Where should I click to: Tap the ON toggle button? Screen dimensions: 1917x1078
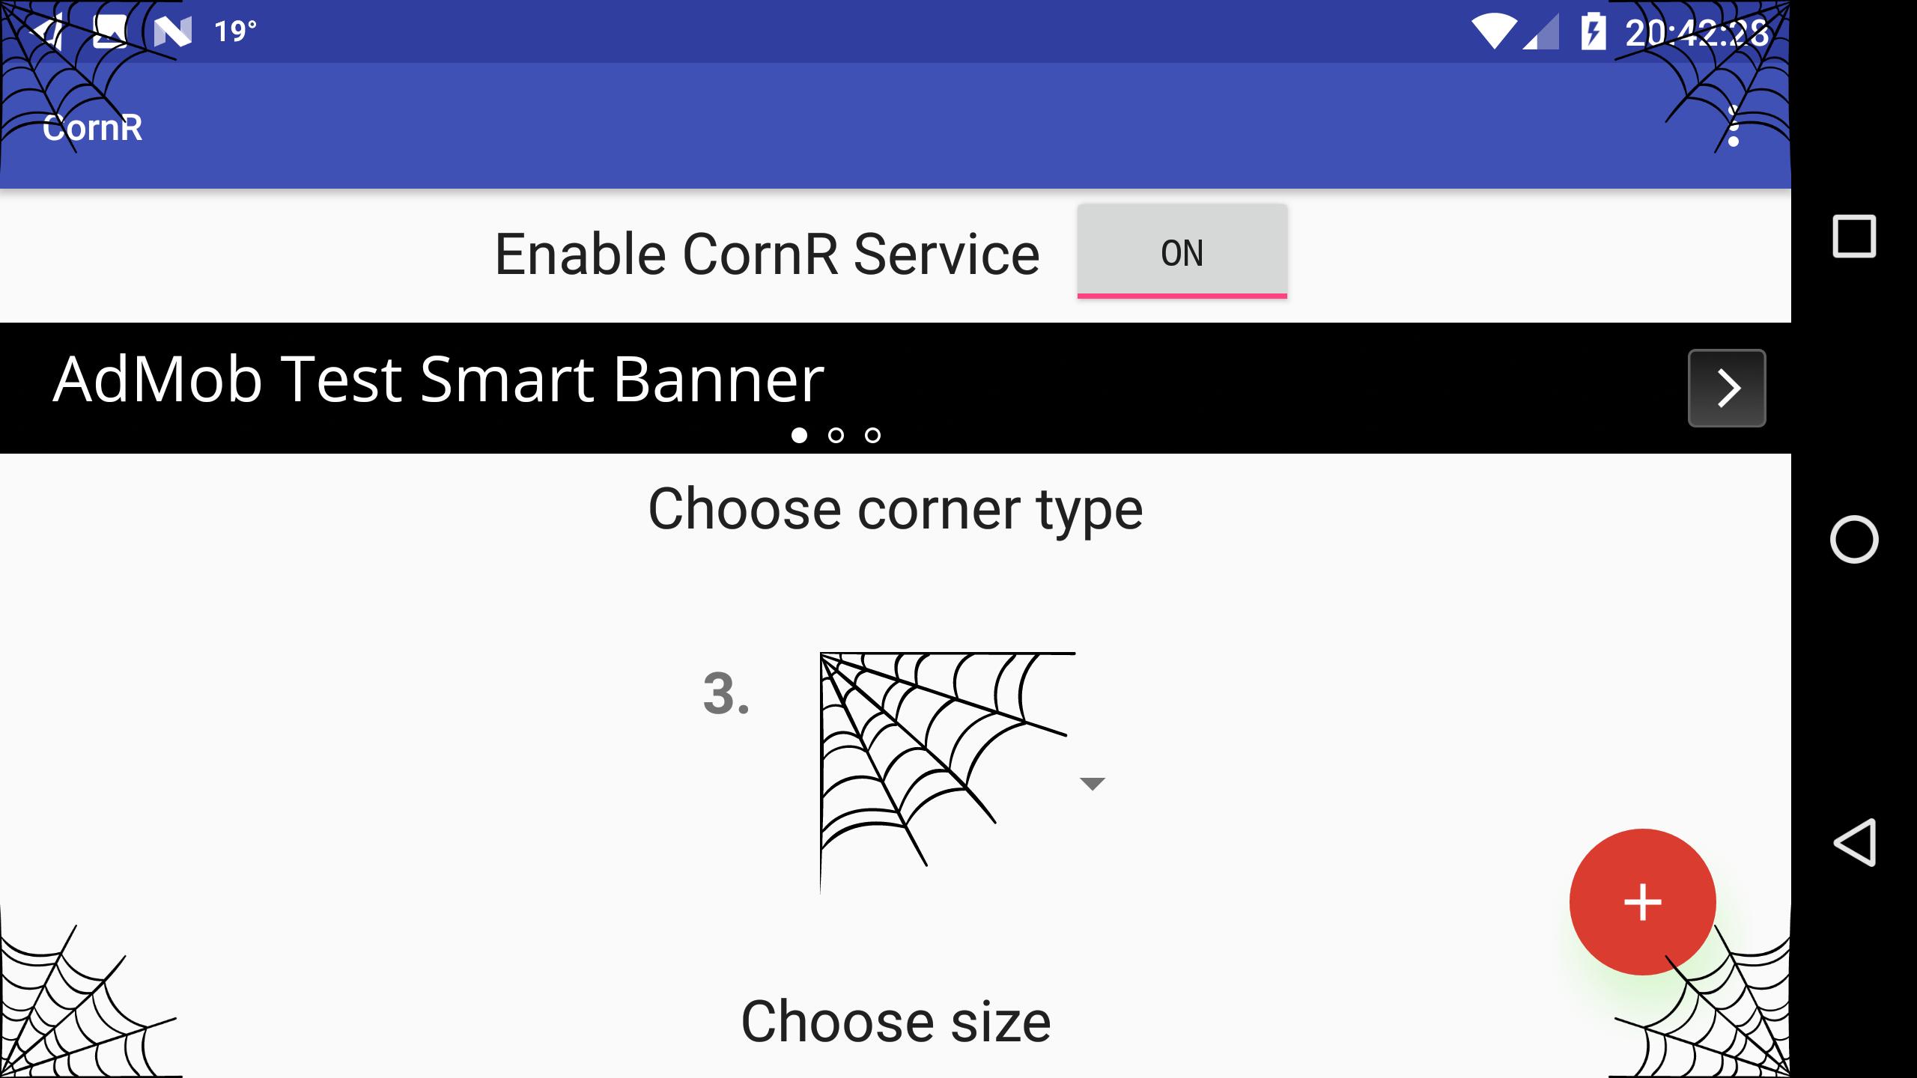point(1182,252)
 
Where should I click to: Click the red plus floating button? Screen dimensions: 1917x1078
point(1642,902)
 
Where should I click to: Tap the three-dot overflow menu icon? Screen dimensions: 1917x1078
point(1733,127)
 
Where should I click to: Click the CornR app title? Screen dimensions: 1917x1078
point(92,128)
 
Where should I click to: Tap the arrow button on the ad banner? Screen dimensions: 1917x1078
point(1727,388)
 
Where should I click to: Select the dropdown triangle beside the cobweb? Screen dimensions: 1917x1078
point(1093,784)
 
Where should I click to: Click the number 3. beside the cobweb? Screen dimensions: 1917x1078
point(726,694)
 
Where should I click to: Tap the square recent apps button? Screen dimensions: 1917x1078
point(1854,237)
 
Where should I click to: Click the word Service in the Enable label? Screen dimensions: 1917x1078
point(947,255)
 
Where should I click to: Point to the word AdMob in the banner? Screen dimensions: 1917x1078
point(158,380)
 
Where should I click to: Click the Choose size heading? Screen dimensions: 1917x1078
point(896,1022)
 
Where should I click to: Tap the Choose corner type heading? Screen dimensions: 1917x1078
point(896,509)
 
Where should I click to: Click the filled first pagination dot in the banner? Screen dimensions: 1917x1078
point(799,435)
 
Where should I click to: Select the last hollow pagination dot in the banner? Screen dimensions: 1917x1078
point(872,435)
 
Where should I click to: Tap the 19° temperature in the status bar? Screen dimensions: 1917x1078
point(235,31)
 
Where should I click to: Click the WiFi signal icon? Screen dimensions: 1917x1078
point(1495,32)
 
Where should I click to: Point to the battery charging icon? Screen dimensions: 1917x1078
point(1593,32)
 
